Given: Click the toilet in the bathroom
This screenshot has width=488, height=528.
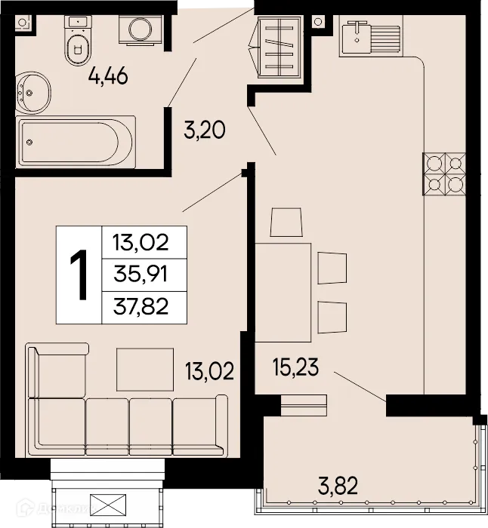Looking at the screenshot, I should coord(76,42).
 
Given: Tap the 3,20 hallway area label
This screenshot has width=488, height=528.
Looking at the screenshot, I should coord(205,131).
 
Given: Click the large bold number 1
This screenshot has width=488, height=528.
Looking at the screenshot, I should coord(79,275).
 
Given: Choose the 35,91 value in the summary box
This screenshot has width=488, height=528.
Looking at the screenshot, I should coord(140,275).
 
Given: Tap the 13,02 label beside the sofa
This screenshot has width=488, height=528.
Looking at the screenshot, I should coord(209,370).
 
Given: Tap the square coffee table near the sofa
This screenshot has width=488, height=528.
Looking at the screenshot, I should coord(144,369).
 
